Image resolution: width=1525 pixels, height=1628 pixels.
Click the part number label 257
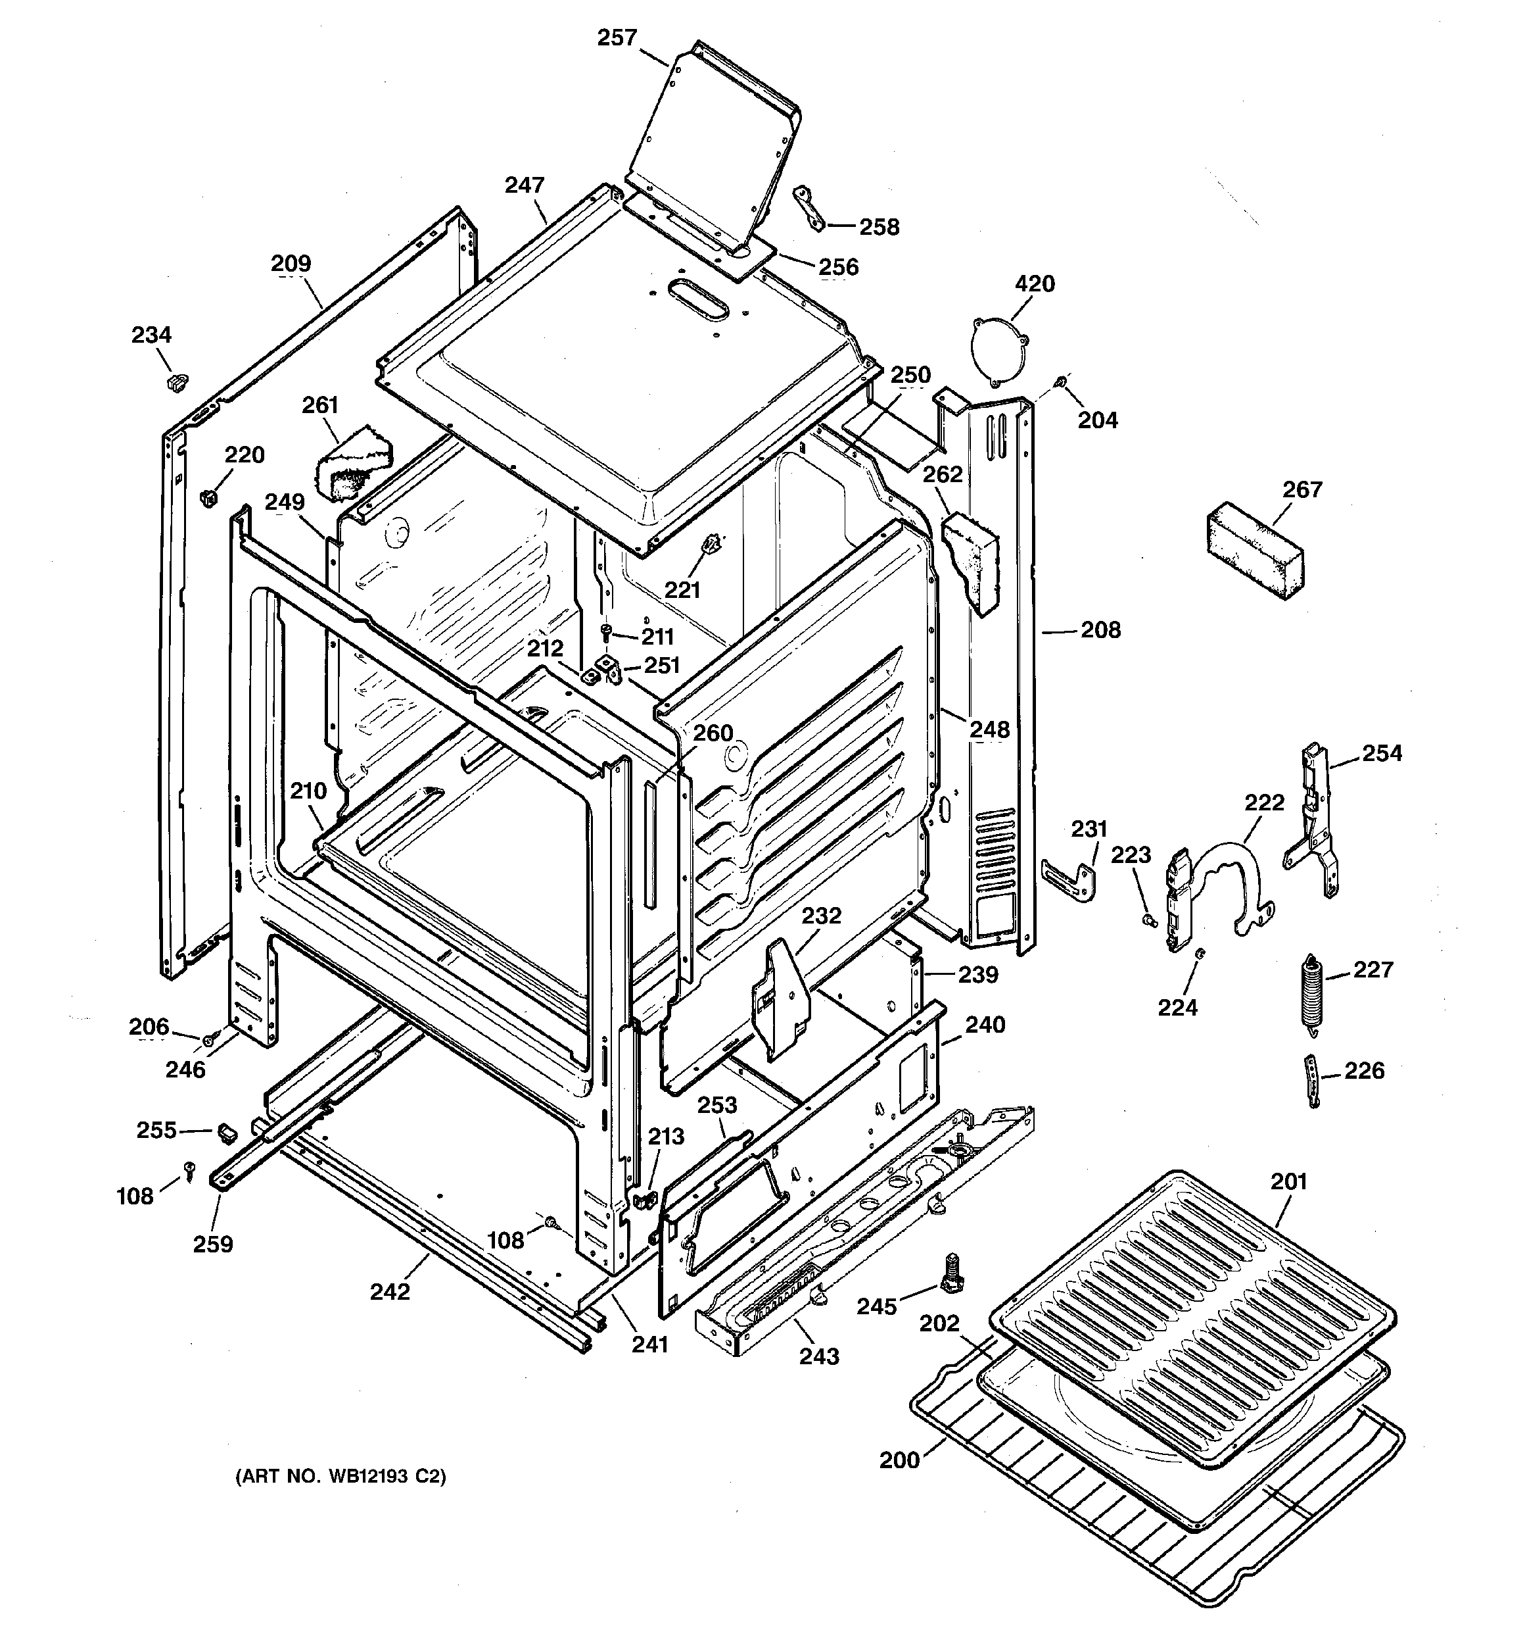coord(617,37)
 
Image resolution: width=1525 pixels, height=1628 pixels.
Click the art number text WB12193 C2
coord(340,1477)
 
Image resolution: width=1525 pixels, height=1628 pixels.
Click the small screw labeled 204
coord(1061,382)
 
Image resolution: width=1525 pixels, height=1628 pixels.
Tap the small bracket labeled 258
coord(808,208)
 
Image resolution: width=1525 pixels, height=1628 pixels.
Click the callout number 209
coord(291,264)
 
